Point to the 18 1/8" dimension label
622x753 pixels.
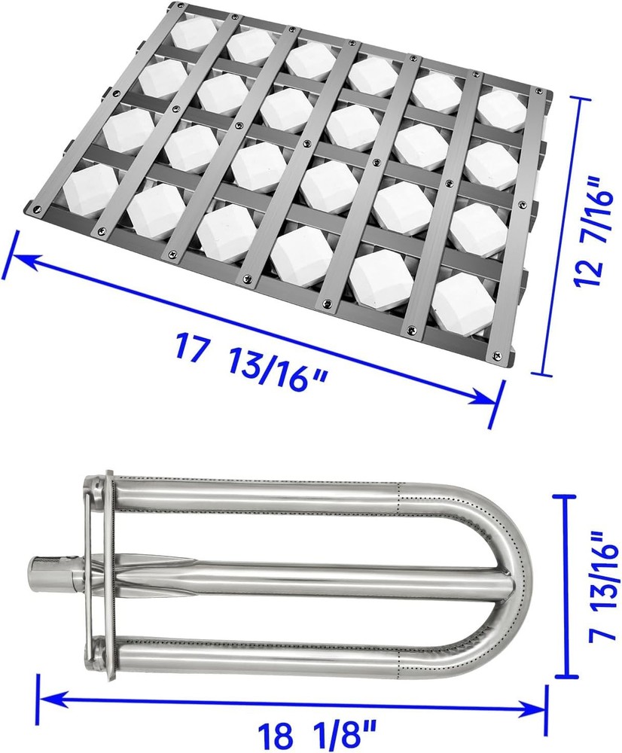pos(316,735)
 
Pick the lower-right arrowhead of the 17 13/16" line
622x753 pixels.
pos(483,398)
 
